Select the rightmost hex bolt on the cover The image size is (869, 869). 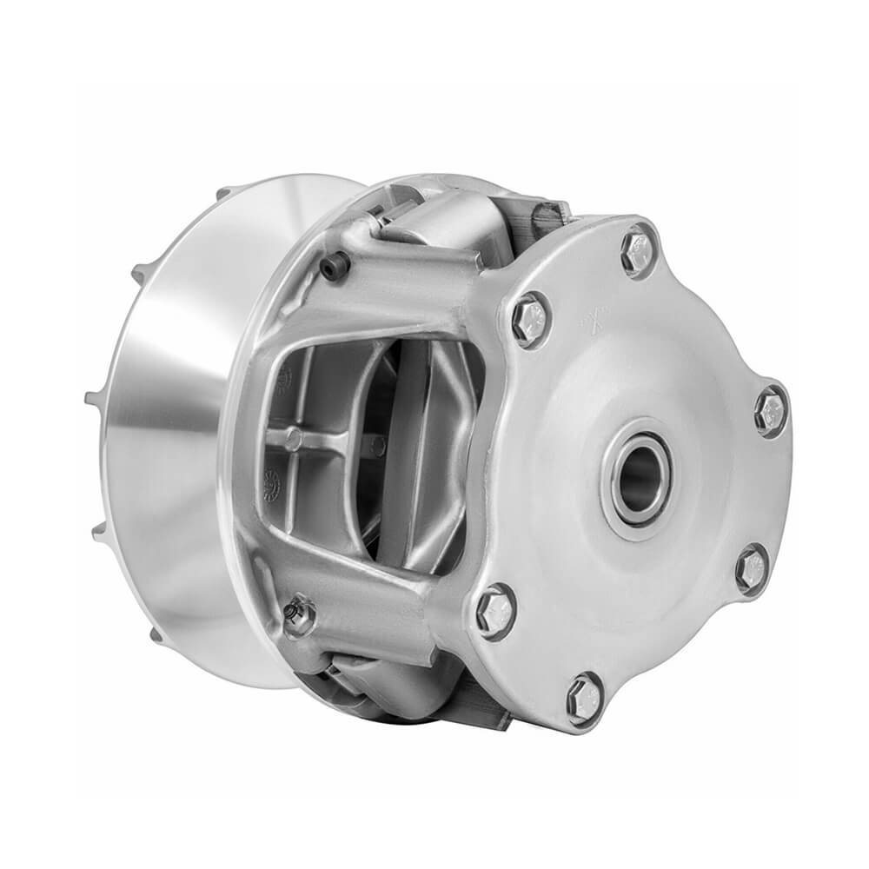(771, 411)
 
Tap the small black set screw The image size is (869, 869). (335, 266)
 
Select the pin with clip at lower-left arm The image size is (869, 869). (298, 615)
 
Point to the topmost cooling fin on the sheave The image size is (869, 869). (224, 192)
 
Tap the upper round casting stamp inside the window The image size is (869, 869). (284, 374)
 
